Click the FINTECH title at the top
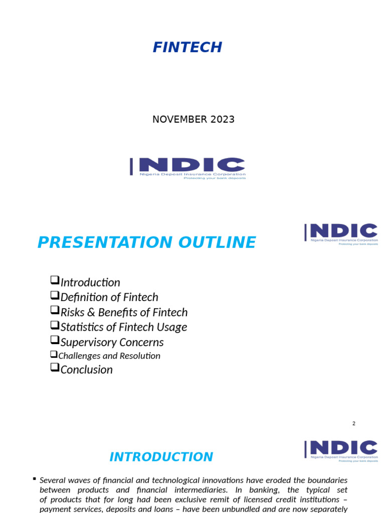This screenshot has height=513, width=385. [187, 47]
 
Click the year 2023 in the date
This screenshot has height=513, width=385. [223, 119]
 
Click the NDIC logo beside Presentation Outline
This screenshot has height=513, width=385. [341, 234]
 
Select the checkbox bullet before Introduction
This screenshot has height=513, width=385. [55, 281]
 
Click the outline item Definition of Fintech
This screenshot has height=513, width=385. [109, 297]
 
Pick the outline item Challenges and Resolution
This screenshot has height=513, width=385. [109, 356]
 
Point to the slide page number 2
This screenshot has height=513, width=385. [353, 423]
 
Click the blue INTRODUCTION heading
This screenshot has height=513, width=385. [161, 457]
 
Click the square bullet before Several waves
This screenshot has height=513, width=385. [34, 479]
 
